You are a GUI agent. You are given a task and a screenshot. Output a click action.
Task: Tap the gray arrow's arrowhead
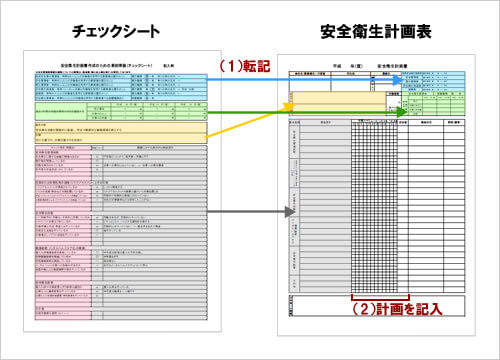click(296, 212)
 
